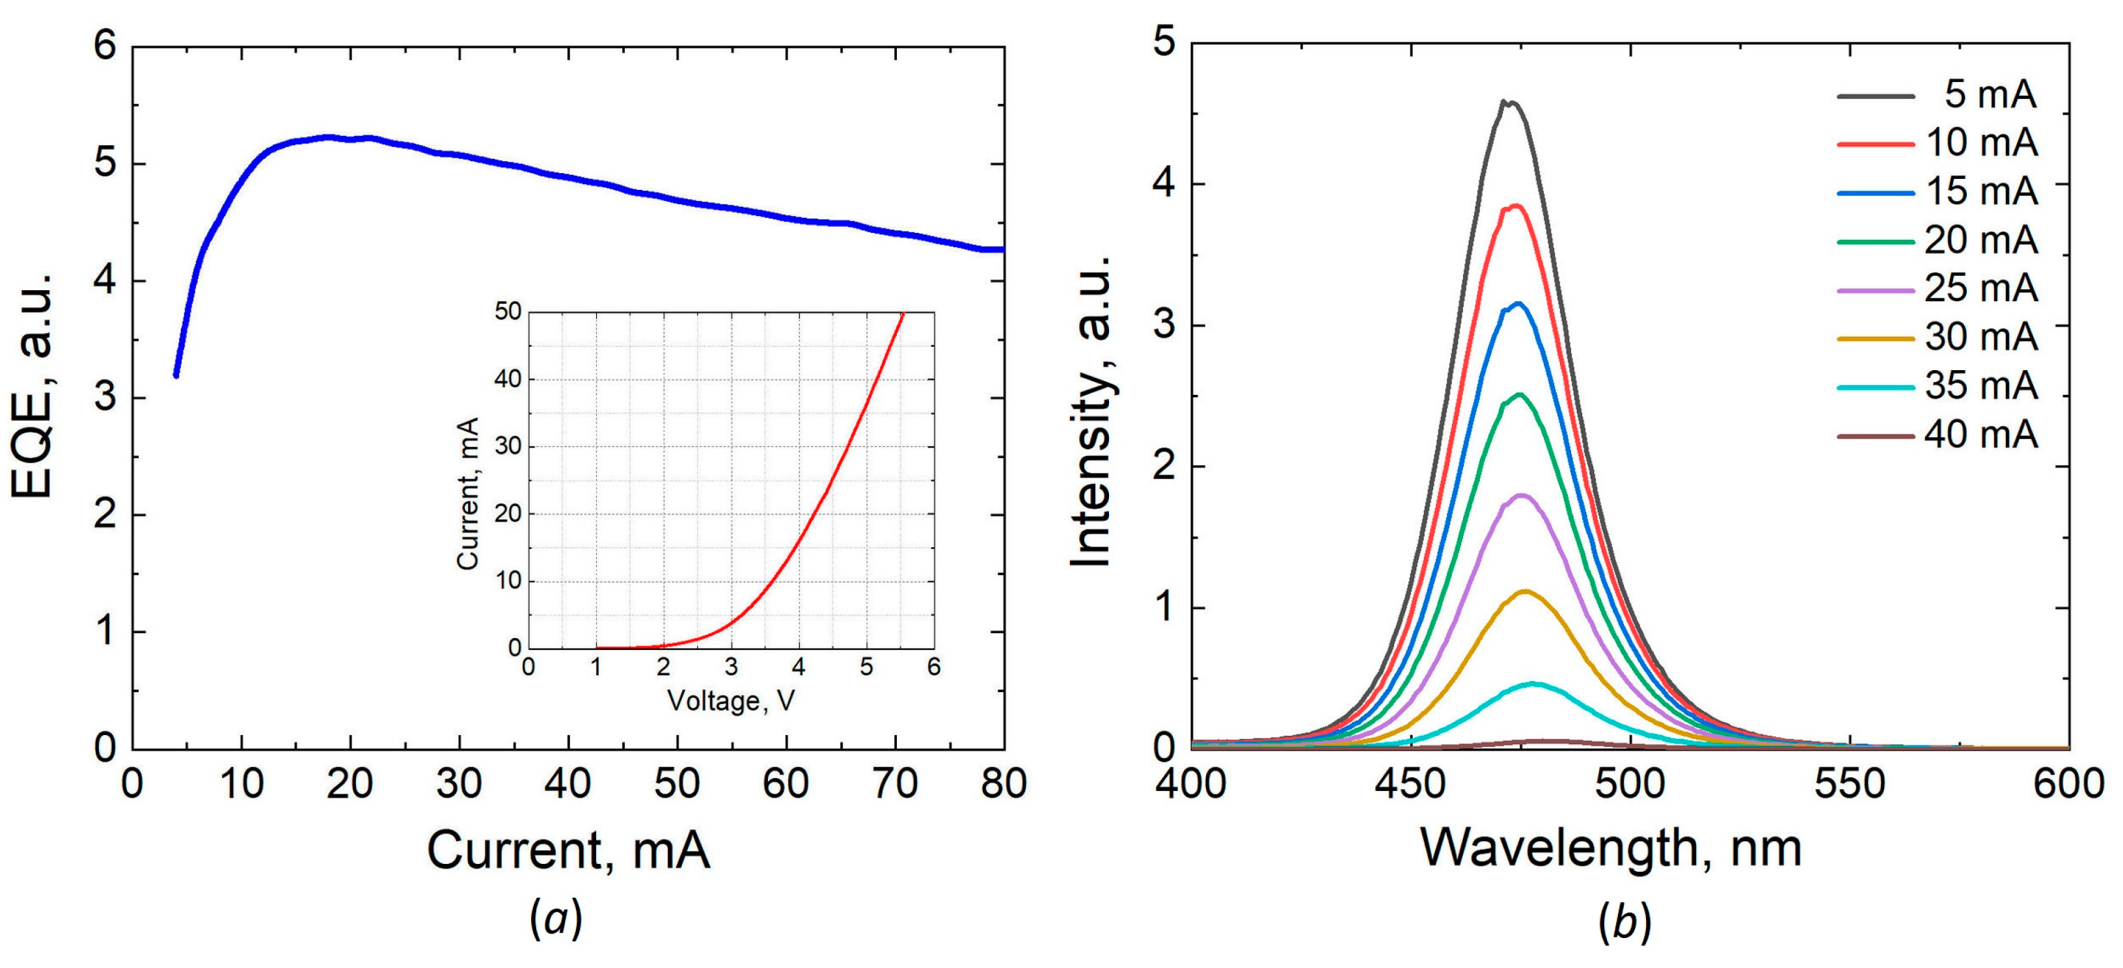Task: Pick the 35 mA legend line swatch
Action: [1875, 387]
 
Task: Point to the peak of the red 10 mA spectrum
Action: [1514, 206]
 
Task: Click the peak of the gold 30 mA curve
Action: [1526, 591]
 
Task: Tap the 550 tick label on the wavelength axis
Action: [1850, 783]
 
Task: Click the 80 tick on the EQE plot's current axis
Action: [1003, 783]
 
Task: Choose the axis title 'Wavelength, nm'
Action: [1611, 848]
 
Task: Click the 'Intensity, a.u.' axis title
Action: [1091, 412]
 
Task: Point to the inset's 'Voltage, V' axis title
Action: [730, 701]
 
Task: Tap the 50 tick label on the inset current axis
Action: [508, 312]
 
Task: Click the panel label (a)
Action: [556, 919]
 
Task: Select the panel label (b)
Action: [1624, 922]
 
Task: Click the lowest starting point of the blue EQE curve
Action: [176, 375]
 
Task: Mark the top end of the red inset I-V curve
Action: [903, 313]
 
